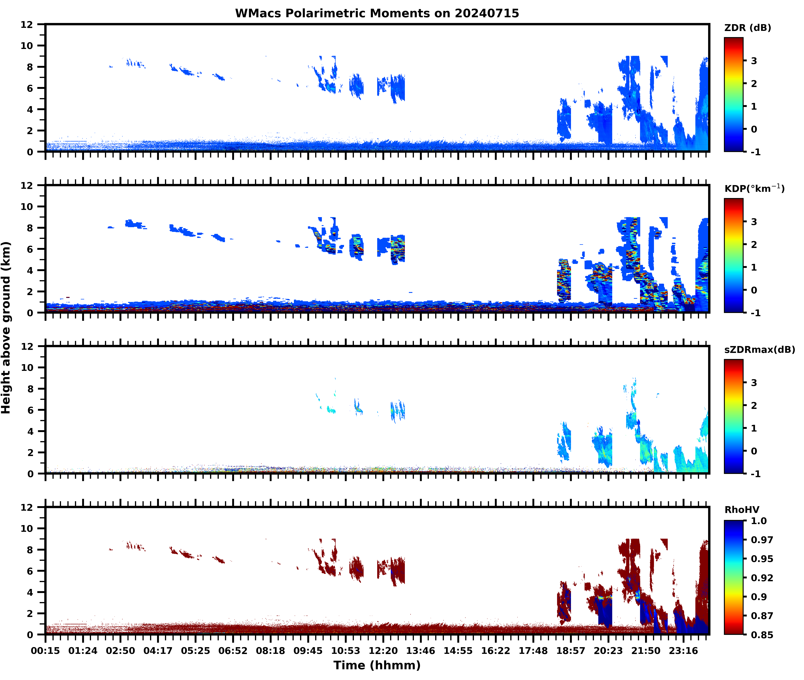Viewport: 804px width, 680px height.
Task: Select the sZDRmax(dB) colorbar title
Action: point(759,350)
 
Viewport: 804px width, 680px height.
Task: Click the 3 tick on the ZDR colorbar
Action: point(754,61)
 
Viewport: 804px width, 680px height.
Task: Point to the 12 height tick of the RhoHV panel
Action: point(27,507)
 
